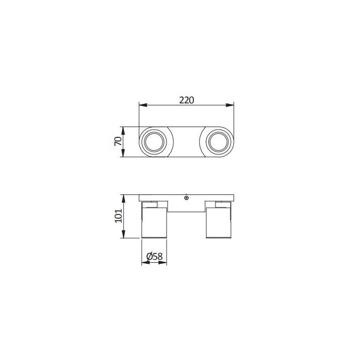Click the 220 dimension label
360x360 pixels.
[x=186, y=100]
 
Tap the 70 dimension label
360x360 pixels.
[x=118, y=141]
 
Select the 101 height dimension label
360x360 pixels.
[x=118, y=215]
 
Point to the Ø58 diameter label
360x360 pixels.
[x=154, y=256]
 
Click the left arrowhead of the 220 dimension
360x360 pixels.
[x=143, y=105]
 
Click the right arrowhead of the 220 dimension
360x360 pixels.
[x=230, y=105]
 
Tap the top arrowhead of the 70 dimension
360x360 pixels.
[x=123, y=131]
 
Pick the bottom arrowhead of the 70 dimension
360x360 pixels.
[x=123, y=153]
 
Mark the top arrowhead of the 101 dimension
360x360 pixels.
[x=123, y=199]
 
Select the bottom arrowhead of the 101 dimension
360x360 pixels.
[x=123, y=234]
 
